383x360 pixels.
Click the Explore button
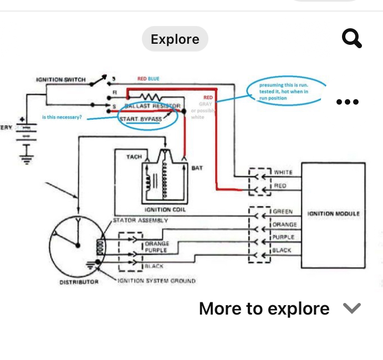(x=175, y=39)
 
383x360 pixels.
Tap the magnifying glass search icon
(x=351, y=39)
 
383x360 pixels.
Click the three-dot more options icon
(x=348, y=102)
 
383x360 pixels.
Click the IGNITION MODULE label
(x=334, y=213)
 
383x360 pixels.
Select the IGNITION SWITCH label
(x=61, y=80)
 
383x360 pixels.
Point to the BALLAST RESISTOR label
(x=152, y=106)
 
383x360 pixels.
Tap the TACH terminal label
(x=134, y=157)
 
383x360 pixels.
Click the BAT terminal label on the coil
(x=197, y=168)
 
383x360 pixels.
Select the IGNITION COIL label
(x=165, y=210)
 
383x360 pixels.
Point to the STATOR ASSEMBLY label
(x=140, y=220)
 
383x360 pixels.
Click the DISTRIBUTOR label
(x=79, y=282)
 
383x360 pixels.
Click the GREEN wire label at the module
(x=283, y=212)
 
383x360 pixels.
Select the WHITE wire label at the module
(x=283, y=173)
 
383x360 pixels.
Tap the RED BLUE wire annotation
(x=148, y=79)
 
